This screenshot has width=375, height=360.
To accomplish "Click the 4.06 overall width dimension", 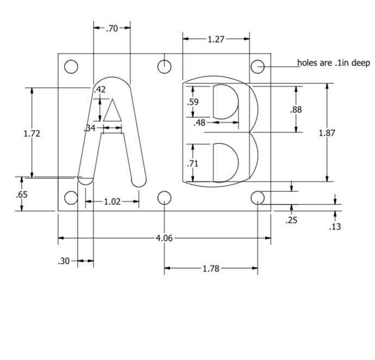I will (164, 238).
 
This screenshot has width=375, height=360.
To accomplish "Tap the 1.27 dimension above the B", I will (216, 39).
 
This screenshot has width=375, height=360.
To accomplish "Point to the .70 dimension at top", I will (112, 28).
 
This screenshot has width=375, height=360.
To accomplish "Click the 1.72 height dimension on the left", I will (32, 133).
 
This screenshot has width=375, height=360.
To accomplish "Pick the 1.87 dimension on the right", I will (327, 132).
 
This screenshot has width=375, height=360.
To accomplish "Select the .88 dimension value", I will (296, 109).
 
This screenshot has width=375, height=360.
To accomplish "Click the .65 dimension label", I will (22, 194).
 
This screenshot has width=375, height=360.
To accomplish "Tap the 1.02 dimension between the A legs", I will (112, 202).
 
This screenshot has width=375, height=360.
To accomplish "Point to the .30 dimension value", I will (64, 261).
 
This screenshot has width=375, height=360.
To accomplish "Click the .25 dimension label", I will (292, 221).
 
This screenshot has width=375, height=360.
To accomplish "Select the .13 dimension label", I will (335, 227).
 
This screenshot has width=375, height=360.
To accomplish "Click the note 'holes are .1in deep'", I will (333, 63).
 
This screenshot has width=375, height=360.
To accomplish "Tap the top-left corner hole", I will (71, 66).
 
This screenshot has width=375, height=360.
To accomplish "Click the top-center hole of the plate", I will (164, 66).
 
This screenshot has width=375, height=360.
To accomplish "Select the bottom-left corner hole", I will (71, 197).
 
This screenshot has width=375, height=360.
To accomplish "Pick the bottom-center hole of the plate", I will (164, 197).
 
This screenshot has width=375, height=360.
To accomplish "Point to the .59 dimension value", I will (193, 102).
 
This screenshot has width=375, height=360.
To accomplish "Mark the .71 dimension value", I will (193, 163).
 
